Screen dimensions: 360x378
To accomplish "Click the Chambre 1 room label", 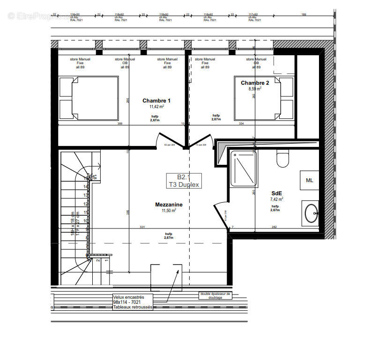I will coord(156,101).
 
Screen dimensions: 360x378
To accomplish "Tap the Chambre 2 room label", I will coord(255,83).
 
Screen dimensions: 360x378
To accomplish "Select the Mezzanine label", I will coord(169,205).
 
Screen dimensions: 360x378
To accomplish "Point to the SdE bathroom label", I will coord(276,193).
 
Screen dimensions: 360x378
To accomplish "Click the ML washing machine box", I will coord(310,180).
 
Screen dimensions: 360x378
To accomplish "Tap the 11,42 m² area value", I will coord(156,107).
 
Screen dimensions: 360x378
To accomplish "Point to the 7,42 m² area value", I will coord(276,199).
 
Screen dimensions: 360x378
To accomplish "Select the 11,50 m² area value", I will coord(169,211).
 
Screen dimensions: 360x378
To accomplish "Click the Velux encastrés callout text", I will coord(133,302).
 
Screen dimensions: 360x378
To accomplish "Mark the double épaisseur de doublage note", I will coord(216,295).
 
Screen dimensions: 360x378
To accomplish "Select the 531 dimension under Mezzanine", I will coord(142,228).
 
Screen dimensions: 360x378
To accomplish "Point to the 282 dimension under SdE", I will coord(274,228).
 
